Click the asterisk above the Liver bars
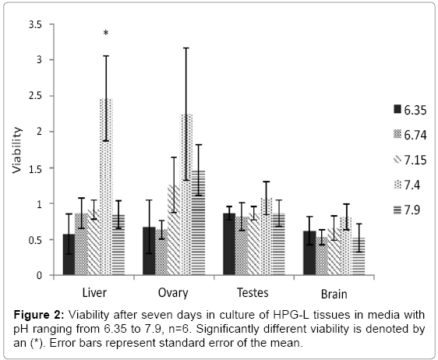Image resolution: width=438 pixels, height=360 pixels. click(x=105, y=34)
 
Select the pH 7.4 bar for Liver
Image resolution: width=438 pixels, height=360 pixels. click(x=106, y=187)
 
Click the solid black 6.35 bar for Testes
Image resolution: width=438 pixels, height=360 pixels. click(x=229, y=244)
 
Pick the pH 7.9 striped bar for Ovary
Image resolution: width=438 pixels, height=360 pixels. click(x=199, y=223)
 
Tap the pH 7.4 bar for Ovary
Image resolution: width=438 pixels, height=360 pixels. click(x=186, y=194)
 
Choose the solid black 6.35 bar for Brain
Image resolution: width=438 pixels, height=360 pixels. click(x=309, y=253)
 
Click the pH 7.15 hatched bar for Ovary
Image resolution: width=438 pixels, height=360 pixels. click(x=174, y=230)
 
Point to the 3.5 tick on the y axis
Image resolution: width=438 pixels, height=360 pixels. click(x=51, y=24)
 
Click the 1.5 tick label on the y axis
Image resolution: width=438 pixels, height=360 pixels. click(x=35, y=169)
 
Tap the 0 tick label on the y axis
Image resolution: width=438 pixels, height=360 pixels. click(x=39, y=275)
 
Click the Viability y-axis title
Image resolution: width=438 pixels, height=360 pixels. click(x=17, y=150)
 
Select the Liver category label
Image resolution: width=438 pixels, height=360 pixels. click(x=94, y=293)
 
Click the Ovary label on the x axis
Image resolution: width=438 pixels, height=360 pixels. click(x=173, y=293)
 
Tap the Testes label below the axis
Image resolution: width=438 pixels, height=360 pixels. click(x=253, y=293)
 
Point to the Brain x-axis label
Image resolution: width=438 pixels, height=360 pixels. click(x=334, y=294)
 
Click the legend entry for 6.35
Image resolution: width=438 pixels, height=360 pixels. click(x=410, y=110)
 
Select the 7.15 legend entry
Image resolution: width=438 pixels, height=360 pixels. click(x=410, y=160)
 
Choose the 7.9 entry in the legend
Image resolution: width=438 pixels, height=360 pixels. click(x=407, y=210)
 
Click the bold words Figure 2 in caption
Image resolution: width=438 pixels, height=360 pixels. click(x=39, y=315)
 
